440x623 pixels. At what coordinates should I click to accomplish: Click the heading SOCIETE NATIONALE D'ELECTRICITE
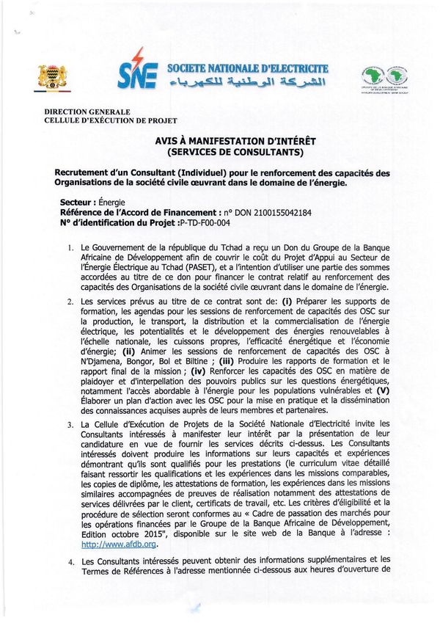247,68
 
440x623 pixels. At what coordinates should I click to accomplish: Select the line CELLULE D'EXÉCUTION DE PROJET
111,120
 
